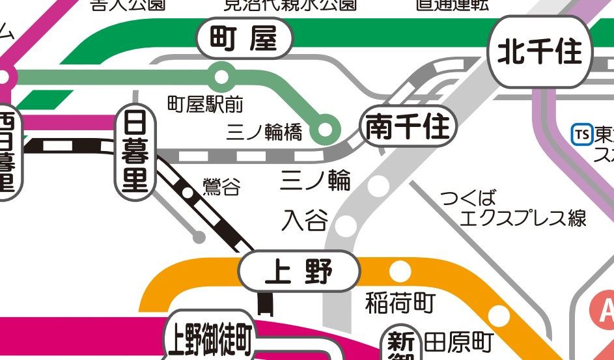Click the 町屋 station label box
[245, 40]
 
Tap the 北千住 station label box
[540, 52]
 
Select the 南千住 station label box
[408, 127]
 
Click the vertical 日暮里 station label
[135, 153]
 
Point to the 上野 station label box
[300, 271]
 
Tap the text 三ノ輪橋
[264, 133]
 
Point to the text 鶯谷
[221, 188]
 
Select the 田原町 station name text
[459, 342]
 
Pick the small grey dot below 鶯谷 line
[199, 237]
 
